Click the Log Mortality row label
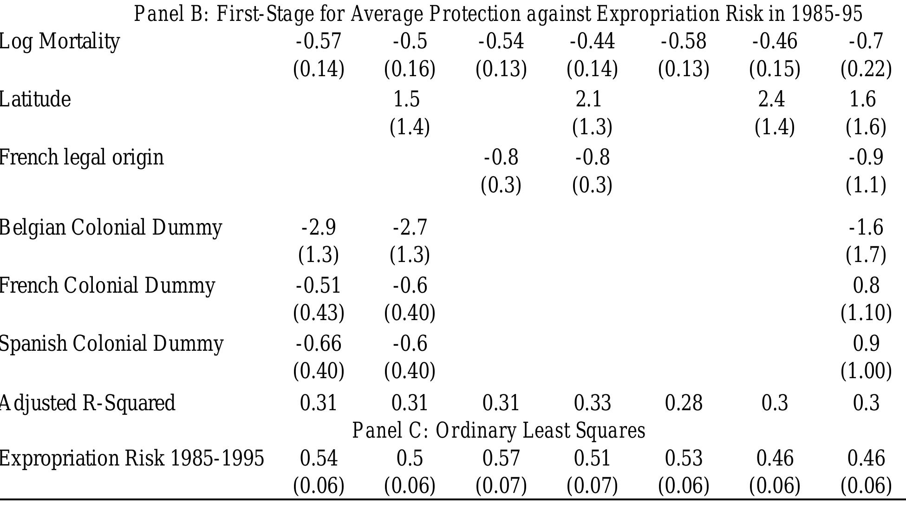[59, 42]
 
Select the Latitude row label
[35, 99]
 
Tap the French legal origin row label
[81, 157]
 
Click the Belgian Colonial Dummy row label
[111, 228]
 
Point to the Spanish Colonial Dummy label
[111, 344]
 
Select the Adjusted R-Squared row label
[87, 402]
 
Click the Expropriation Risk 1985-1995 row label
[131, 458]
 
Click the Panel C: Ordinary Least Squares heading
[498, 430]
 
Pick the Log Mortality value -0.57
[319, 41]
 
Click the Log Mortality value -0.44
[592, 41]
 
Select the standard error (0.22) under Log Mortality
[866, 69]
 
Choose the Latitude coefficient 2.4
[771, 99]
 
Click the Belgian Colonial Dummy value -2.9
[319, 228]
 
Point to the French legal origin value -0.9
[866, 157]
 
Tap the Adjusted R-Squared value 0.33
[592, 402]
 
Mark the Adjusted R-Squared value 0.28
[683, 402]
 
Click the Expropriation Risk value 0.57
[501, 458]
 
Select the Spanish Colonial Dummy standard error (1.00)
[866, 371]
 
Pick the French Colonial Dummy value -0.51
[319, 285]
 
